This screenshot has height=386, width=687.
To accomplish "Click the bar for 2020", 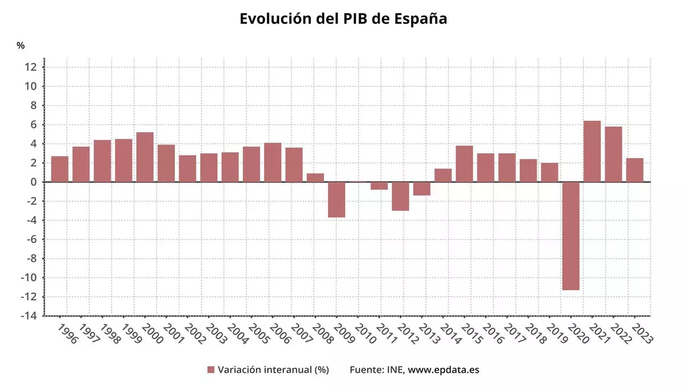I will pyautogui.click(x=571, y=236).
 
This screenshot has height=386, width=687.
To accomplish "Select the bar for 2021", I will pyautogui.click(x=592, y=152).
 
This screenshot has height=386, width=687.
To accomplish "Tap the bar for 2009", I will pyautogui.click(x=337, y=200).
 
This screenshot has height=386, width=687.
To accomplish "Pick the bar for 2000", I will pyautogui.click(x=145, y=157).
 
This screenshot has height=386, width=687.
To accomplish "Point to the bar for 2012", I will pyautogui.click(x=400, y=196).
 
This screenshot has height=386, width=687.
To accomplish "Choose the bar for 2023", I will pyautogui.click(x=634, y=170).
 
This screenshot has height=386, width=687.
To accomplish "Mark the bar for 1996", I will pyautogui.click(x=60, y=169).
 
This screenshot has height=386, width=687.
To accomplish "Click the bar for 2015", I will pyautogui.click(x=464, y=164).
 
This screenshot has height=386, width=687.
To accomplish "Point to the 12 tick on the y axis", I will pyautogui.click(x=31, y=67).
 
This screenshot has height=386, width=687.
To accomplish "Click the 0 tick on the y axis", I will pyautogui.click(x=34, y=182).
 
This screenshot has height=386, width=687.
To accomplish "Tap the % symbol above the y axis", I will pyautogui.click(x=21, y=45).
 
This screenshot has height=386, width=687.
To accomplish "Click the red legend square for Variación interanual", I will pyautogui.click(x=211, y=370).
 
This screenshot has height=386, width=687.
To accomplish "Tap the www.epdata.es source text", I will pyautogui.click(x=444, y=369).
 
